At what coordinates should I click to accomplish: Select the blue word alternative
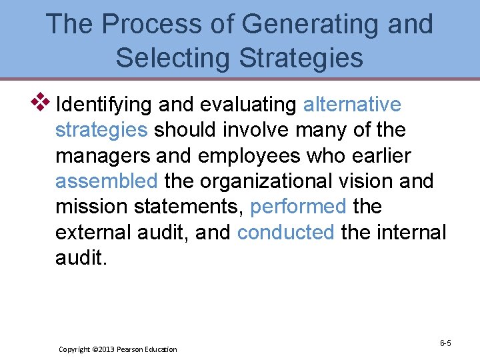pos(352,105)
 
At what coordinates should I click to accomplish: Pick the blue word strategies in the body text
pos(101,131)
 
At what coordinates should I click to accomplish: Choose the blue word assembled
pos(107,181)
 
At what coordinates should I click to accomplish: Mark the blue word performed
pos(298,207)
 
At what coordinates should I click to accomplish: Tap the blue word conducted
pos(285,232)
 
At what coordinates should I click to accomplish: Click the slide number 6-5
pos(445,343)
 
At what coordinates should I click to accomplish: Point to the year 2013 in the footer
pos(105,349)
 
